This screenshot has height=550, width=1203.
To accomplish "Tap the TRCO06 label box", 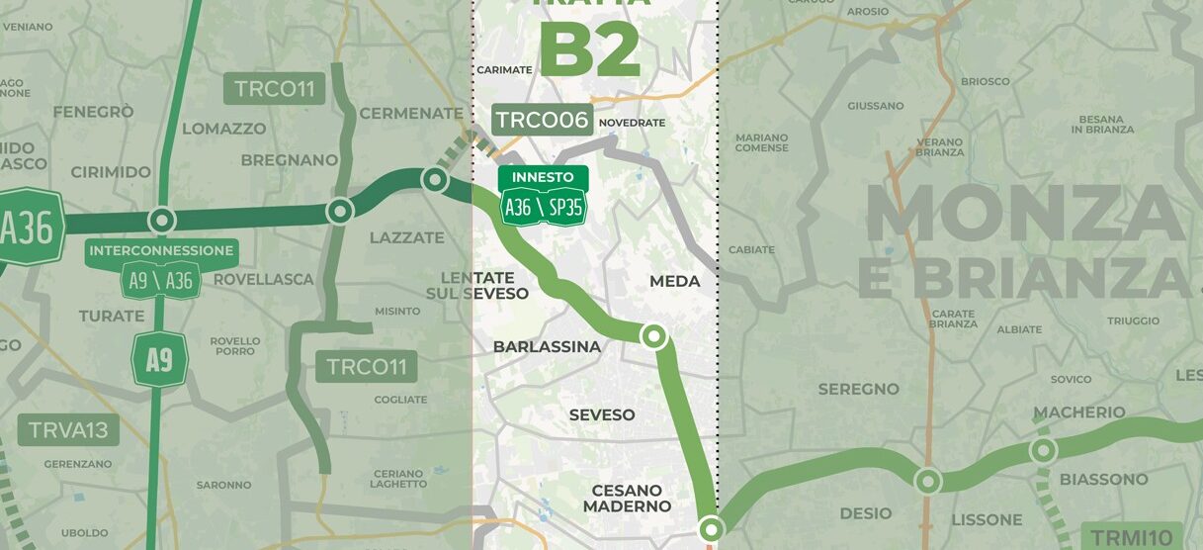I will tap(542, 121).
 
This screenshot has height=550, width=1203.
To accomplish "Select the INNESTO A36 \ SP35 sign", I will tap(543, 196).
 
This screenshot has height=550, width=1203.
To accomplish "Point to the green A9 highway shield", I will tap(159, 360).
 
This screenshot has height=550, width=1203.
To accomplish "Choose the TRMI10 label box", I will tap(1132, 535).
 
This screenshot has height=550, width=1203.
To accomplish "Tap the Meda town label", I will tap(674, 282).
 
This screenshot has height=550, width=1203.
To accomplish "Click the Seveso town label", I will tap(601, 415).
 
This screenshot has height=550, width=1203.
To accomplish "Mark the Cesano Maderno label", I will tap(627, 499).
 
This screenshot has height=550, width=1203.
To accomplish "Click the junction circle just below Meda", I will tap(653, 336).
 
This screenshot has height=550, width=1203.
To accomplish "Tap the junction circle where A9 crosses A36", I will tap(161, 220).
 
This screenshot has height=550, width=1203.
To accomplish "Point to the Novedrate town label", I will tap(633, 123).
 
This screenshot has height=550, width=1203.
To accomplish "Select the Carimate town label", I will tap(504, 70).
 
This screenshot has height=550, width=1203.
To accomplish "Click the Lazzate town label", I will tap(407, 238).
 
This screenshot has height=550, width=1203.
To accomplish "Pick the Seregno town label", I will tap(858, 390).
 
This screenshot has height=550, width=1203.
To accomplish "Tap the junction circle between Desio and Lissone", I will tap(927, 482).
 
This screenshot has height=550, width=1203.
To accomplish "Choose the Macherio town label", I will tap(1078, 412).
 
